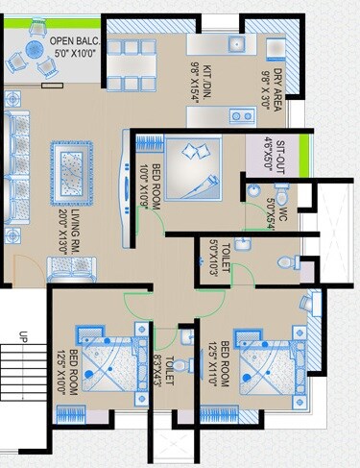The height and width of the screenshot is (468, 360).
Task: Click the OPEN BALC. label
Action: click(73, 47)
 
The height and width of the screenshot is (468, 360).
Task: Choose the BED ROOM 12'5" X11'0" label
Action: click(217, 363)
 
